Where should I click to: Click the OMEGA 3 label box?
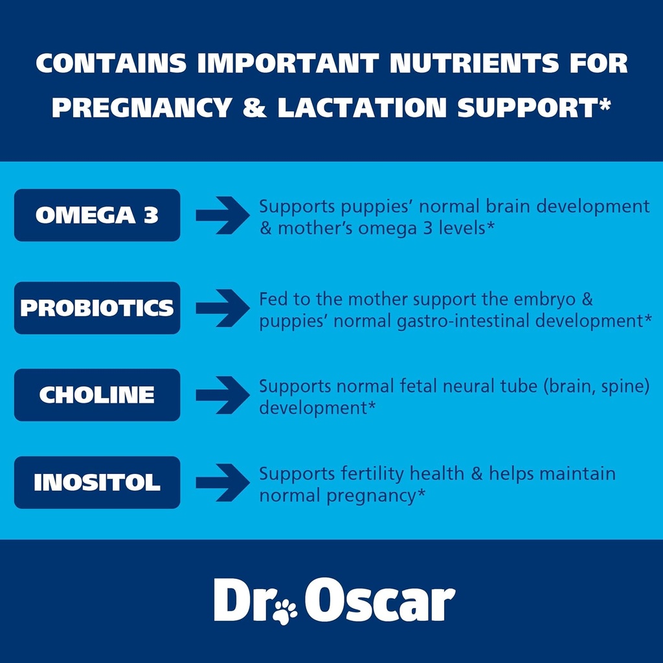pyautogui.click(x=97, y=215)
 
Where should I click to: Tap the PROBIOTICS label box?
pyautogui.click(x=97, y=308)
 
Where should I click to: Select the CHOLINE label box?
pyautogui.click(x=97, y=395)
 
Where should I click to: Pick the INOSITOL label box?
pyautogui.click(x=97, y=482)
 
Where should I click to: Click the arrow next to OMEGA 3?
pyautogui.click(x=222, y=215)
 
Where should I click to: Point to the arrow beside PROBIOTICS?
pyautogui.click(x=222, y=308)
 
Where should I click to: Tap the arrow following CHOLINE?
pyautogui.click(x=222, y=395)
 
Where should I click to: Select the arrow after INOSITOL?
pyautogui.click(x=222, y=482)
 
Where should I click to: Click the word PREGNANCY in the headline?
pyautogui.click(x=141, y=107)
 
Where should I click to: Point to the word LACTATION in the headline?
pyautogui.click(x=362, y=107)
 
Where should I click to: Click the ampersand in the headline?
pyautogui.click(x=254, y=107)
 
